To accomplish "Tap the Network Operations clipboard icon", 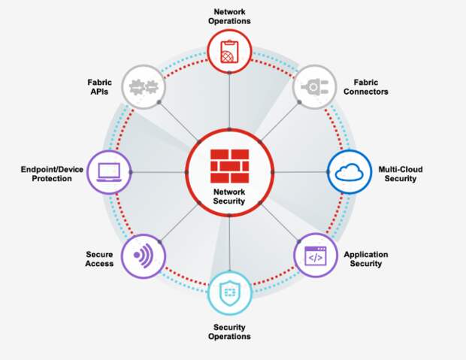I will point(229,50).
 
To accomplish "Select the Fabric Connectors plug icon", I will point(313,88).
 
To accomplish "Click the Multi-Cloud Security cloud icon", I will point(349,172).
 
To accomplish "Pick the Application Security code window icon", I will point(315,256).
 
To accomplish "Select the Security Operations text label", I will point(229,332).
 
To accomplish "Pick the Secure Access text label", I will point(99,259).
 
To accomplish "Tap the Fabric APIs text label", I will point(99,87).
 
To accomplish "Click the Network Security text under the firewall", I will point(229,197).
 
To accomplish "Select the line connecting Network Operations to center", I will point(229,101).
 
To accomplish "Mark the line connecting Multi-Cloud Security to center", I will point(301,172).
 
